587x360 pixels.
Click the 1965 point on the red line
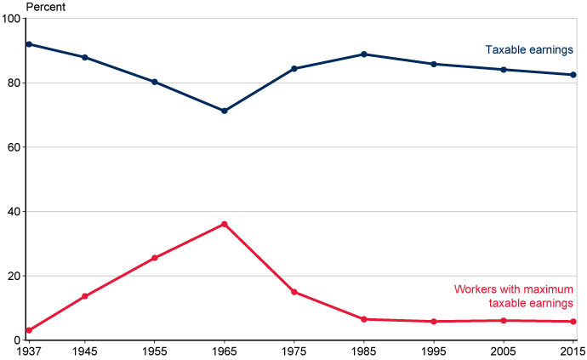(x=225, y=224)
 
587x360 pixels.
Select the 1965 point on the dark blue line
(x=225, y=111)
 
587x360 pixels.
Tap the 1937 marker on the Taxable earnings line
(x=29, y=44)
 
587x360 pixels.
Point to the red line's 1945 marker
(x=85, y=296)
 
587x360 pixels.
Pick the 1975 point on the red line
(x=294, y=292)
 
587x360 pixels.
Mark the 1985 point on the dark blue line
(x=364, y=54)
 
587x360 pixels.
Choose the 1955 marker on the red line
(x=155, y=258)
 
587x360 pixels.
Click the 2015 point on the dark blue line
(x=573, y=75)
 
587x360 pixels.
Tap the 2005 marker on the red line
(x=504, y=321)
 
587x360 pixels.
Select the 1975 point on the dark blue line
(x=294, y=69)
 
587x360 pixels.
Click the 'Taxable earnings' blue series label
(x=529, y=50)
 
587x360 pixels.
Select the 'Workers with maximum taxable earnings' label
(x=514, y=296)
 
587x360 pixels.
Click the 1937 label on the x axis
(x=29, y=351)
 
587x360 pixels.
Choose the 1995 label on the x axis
(x=434, y=351)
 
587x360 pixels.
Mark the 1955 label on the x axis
(x=155, y=351)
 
